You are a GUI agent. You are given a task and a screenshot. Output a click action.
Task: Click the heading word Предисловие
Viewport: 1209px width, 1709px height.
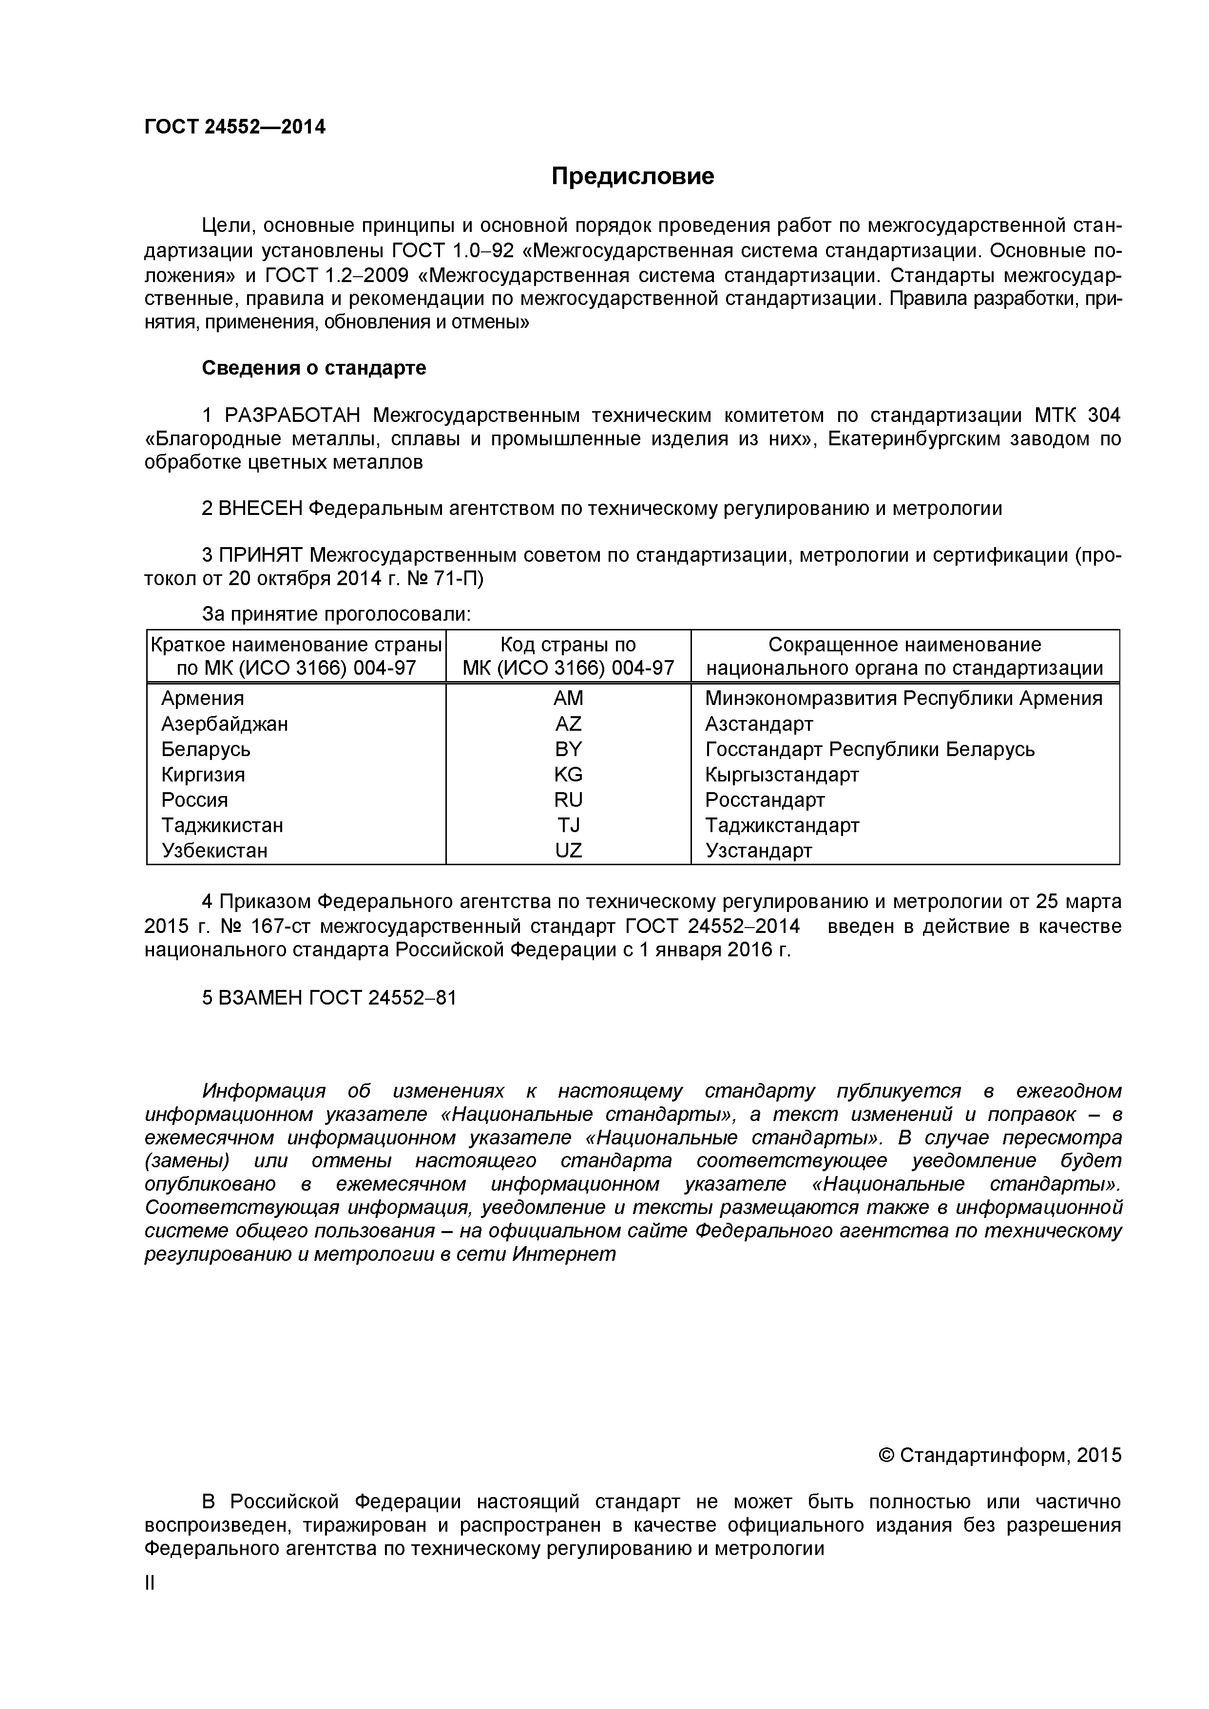tap(632, 176)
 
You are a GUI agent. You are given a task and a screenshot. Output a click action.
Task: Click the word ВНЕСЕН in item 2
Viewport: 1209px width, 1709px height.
tap(261, 509)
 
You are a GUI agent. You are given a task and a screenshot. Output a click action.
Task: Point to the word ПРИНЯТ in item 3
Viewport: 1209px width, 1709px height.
tap(261, 555)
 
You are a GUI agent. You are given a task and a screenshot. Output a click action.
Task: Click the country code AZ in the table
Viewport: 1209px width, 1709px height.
tap(568, 723)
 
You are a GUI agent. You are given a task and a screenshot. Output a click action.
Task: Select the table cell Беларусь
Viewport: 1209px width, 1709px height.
tap(206, 749)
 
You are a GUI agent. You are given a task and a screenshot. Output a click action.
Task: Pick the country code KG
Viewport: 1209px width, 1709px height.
tap(568, 774)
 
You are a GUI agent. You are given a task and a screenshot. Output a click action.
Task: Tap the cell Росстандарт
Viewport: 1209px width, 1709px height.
tap(765, 799)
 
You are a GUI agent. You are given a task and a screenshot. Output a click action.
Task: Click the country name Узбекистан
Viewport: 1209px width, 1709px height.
tap(214, 850)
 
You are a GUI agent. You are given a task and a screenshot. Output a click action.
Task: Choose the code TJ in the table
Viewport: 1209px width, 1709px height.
tap(568, 825)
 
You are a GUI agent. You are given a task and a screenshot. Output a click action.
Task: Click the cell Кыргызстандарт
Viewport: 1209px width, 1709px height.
tap(782, 774)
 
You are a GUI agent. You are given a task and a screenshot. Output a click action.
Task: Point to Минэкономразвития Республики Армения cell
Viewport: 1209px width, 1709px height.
tap(903, 698)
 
